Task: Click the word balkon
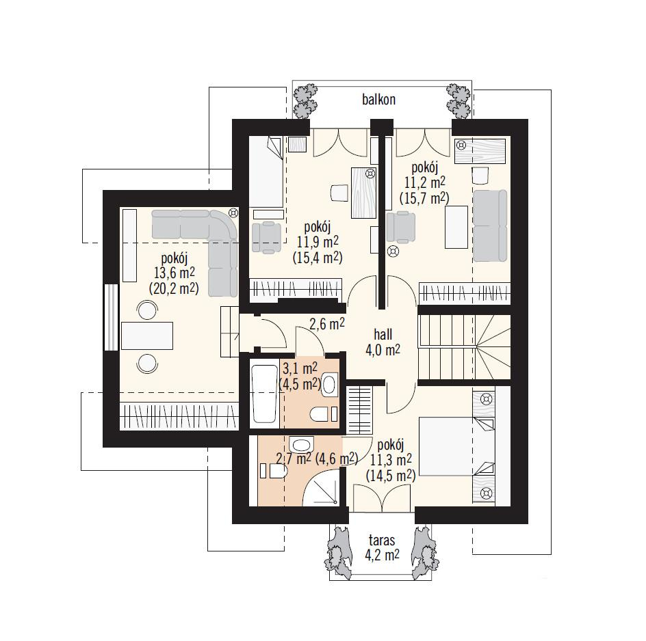click(378, 100)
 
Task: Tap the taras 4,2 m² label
click(382, 547)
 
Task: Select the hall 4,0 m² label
click(383, 342)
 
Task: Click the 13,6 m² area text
click(175, 273)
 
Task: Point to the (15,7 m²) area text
click(424, 198)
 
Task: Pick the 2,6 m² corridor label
click(327, 324)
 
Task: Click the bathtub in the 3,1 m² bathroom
click(265, 394)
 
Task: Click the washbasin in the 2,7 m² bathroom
click(302, 445)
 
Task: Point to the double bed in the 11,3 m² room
click(456, 446)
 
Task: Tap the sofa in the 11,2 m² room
click(490, 226)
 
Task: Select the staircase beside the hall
click(464, 347)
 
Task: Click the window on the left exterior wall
click(110, 317)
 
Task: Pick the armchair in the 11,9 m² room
click(267, 236)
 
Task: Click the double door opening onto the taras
click(383, 497)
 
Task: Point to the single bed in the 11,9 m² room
click(266, 172)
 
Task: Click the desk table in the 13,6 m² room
click(147, 336)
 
